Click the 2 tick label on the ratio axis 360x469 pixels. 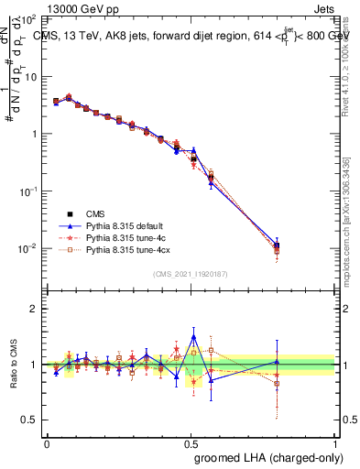[34, 309]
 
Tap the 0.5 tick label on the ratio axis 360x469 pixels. [30, 420]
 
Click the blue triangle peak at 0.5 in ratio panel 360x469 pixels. [192, 337]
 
